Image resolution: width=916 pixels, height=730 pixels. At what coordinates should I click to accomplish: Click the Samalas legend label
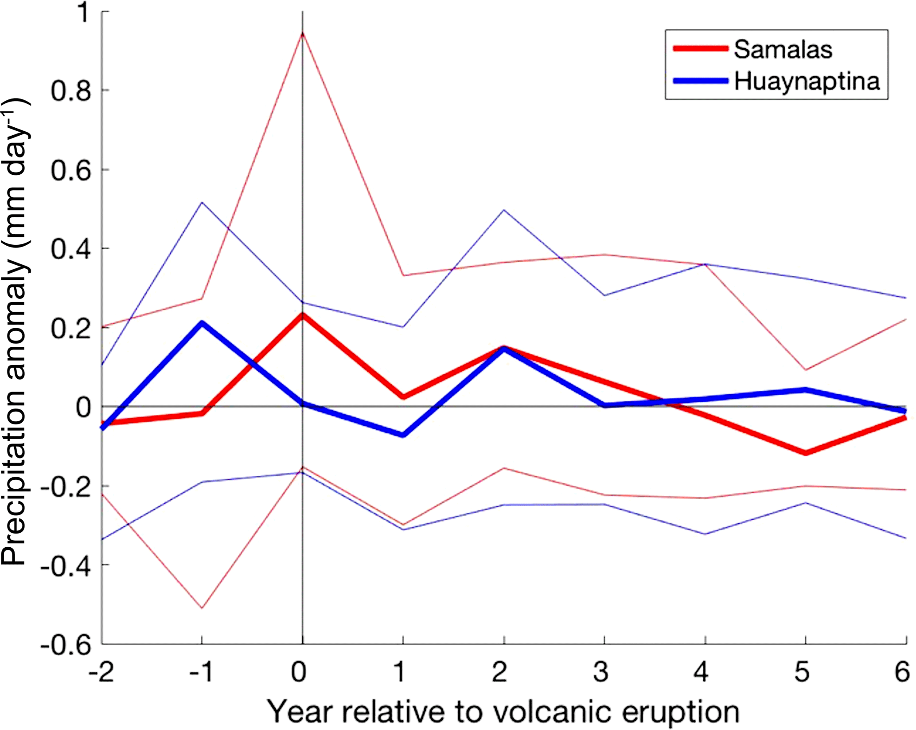pos(783,49)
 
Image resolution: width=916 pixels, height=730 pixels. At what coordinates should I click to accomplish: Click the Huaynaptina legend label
pos(807,81)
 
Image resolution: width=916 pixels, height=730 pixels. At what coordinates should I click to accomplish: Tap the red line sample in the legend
pos(700,49)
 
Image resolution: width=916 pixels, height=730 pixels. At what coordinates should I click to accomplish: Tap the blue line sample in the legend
pos(700,81)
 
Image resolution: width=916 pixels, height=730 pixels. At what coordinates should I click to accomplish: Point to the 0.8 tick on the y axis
pos(71,90)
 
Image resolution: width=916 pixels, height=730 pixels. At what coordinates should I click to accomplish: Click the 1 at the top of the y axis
pos(83,13)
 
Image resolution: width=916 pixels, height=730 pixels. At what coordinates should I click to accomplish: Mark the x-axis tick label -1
pos(200,672)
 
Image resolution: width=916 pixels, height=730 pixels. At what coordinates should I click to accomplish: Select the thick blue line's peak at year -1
pos(202,323)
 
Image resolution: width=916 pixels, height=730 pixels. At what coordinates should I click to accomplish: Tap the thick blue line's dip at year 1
pos(403,435)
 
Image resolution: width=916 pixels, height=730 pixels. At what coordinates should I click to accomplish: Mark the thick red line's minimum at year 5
pos(805,453)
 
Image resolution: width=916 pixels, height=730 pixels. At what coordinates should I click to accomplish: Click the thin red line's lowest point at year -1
pos(202,608)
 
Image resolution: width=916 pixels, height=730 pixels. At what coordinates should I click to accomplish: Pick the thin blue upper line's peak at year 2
pos(504,210)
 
